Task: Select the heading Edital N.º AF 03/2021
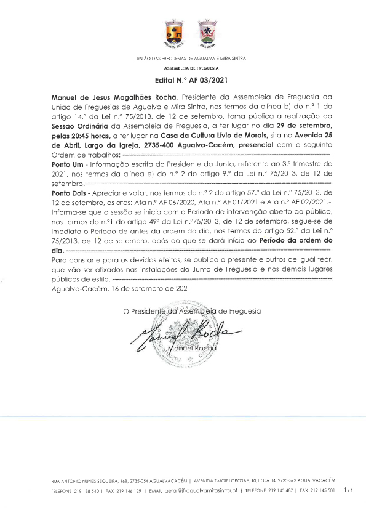(x=183, y=80)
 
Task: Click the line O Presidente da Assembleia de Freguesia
(x=191, y=311)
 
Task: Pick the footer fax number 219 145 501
(x=322, y=491)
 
